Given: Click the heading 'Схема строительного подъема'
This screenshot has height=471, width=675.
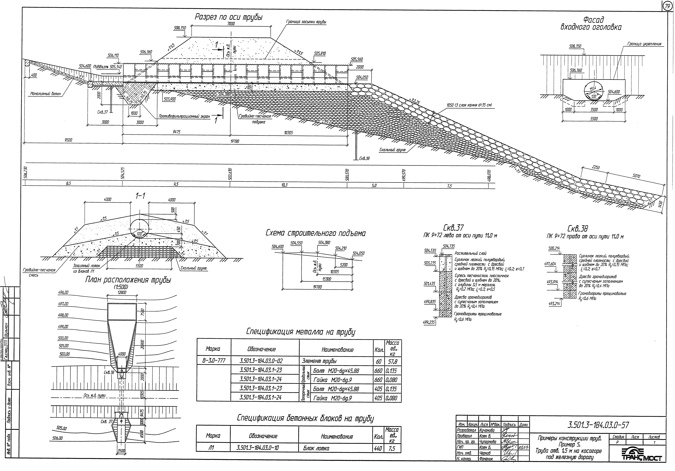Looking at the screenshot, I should (315, 233).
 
